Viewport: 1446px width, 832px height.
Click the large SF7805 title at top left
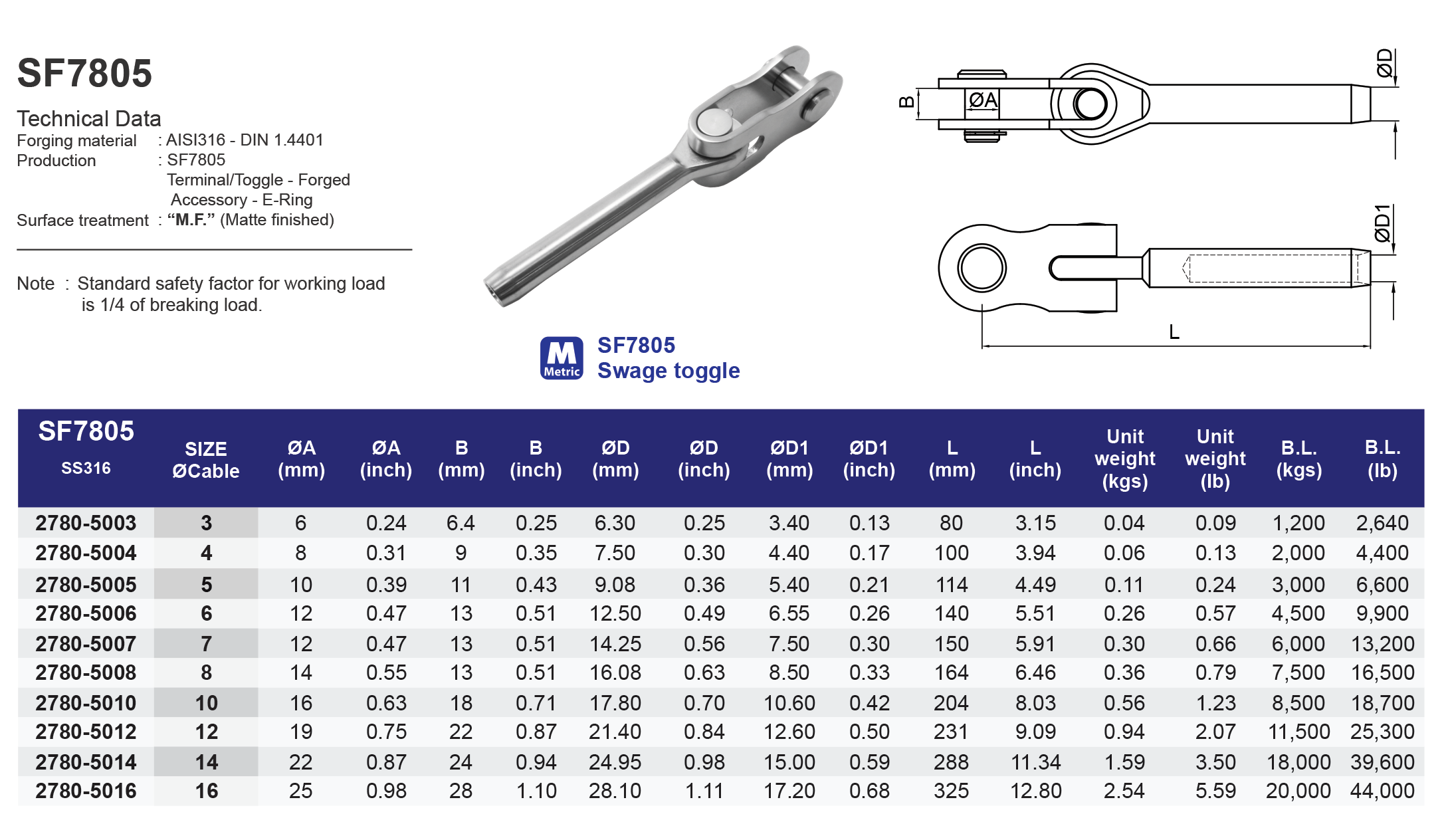(x=84, y=73)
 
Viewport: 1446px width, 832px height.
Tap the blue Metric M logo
(x=562, y=358)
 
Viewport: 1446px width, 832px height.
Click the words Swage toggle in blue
(x=668, y=371)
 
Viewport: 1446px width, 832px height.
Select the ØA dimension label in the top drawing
(x=982, y=100)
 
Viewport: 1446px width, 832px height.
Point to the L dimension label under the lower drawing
(x=1174, y=332)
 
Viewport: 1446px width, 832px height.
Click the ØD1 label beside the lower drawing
(x=1383, y=223)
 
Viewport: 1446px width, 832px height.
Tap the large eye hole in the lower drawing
(x=981, y=268)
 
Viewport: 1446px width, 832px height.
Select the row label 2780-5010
(x=86, y=703)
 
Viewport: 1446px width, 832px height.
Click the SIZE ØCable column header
(x=206, y=460)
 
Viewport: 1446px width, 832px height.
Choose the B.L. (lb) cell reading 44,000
(x=1382, y=791)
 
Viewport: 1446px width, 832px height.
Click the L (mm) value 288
(x=951, y=762)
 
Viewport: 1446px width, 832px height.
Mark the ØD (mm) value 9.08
(x=615, y=585)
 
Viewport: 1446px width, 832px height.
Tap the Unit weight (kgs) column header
(x=1124, y=459)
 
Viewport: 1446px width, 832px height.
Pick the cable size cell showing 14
(x=207, y=762)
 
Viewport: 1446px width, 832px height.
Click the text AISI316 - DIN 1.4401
(x=245, y=140)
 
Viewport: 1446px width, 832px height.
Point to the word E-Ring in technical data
(x=287, y=200)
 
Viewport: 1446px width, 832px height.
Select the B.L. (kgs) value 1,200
(x=1298, y=523)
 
